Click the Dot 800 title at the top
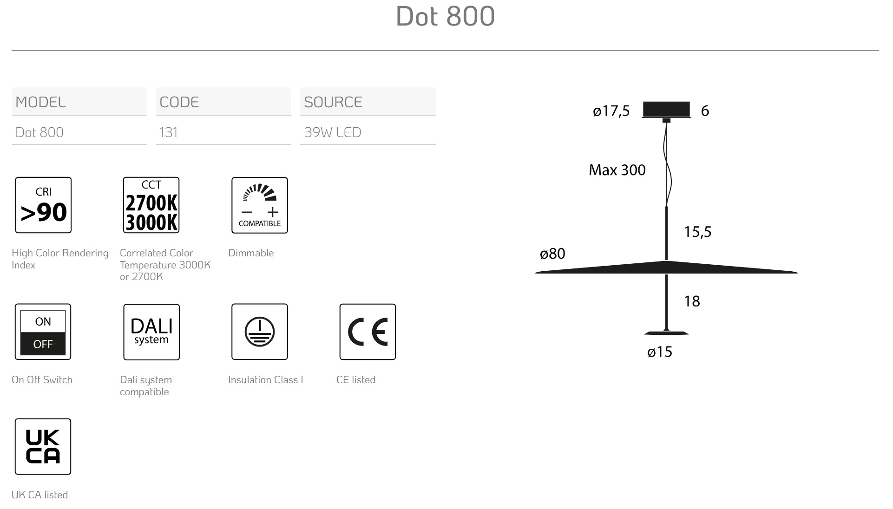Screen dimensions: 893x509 pyautogui.click(x=445, y=16)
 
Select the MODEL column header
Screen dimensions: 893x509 pyautogui.click(x=40, y=102)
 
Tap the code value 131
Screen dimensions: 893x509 pyautogui.click(x=168, y=132)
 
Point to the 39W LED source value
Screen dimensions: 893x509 pyautogui.click(x=332, y=132)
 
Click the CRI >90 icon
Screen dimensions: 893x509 pyautogui.click(x=43, y=205)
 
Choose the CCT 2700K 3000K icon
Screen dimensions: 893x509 pyautogui.click(x=151, y=205)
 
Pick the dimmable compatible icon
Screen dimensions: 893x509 pyautogui.click(x=260, y=205)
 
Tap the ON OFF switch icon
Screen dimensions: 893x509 pyautogui.click(x=43, y=332)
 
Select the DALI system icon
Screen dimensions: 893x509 pyautogui.click(x=151, y=332)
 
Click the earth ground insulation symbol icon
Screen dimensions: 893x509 pyautogui.click(x=260, y=332)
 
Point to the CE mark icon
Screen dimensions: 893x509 pyautogui.click(x=368, y=332)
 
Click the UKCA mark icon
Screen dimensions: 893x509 pyautogui.click(x=43, y=446)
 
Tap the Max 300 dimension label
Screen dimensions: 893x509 pyautogui.click(x=617, y=170)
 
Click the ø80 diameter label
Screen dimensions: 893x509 pyautogui.click(x=552, y=254)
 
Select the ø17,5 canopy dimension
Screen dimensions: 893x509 pyautogui.click(x=611, y=111)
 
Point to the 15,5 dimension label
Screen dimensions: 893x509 pyautogui.click(x=697, y=232)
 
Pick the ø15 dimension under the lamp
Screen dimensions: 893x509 pyautogui.click(x=659, y=352)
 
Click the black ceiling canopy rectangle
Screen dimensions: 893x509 pyautogui.click(x=666, y=109)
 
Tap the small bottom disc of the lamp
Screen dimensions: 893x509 pyautogui.click(x=666, y=333)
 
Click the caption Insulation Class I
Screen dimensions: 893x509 pyautogui.click(x=265, y=380)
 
